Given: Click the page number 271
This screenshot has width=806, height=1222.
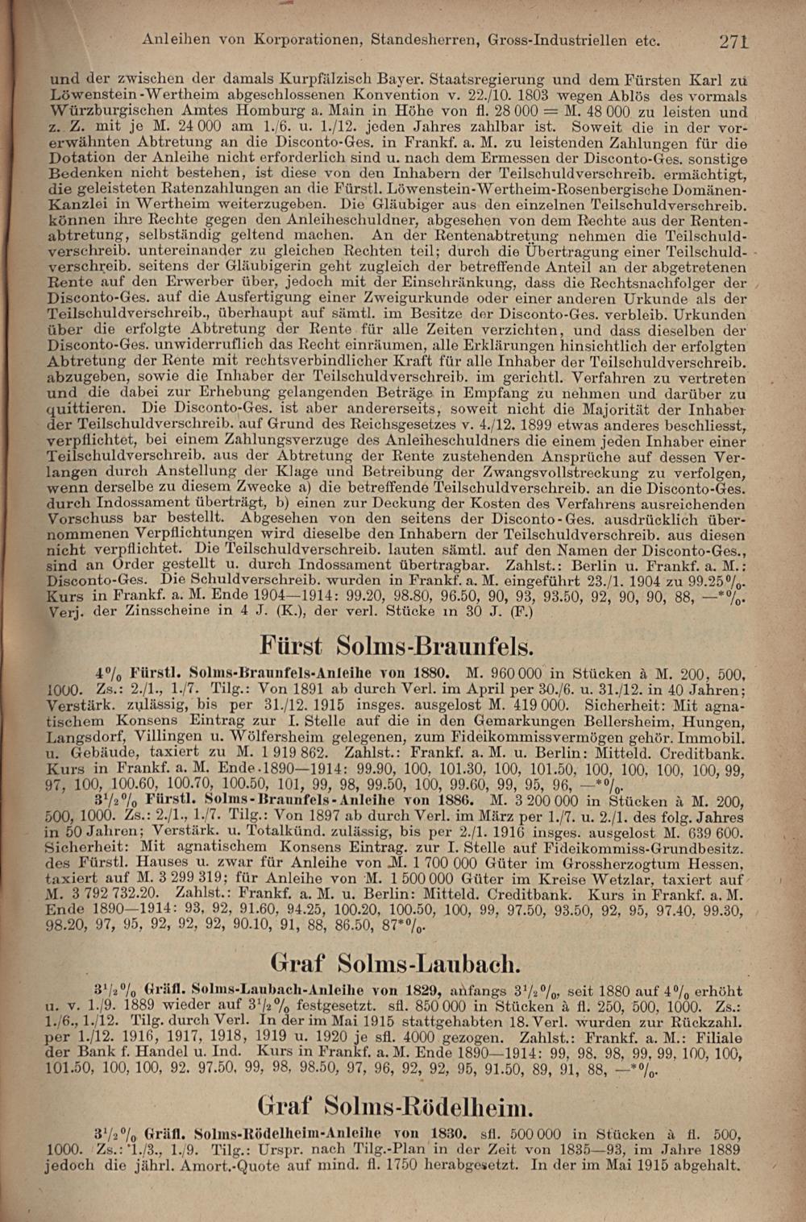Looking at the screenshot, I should point(734,40).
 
